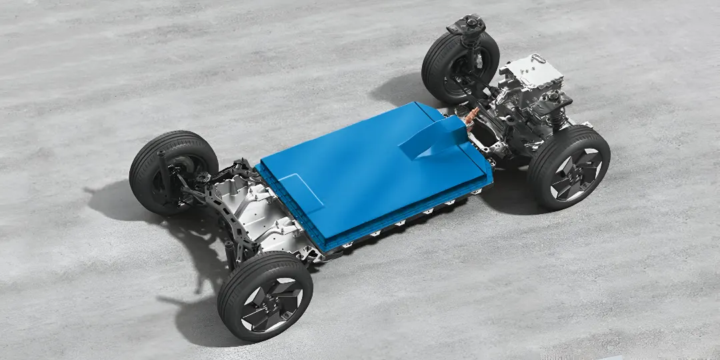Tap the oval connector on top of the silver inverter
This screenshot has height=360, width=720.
point(537,59)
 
